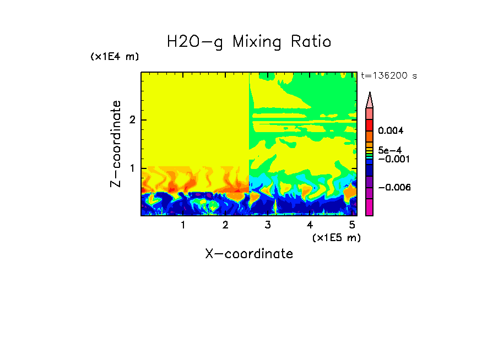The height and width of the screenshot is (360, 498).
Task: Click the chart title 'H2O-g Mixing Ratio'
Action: [249, 42]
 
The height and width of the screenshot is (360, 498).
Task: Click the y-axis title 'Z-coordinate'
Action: [116, 144]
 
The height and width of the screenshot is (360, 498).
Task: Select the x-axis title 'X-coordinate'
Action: [249, 254]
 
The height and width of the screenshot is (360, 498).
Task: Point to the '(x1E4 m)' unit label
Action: [115, 57]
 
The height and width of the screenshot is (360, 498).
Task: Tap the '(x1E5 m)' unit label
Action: [336, 237]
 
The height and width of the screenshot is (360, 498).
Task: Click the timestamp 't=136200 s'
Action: [388, 75]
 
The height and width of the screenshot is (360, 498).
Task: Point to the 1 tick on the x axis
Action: [183, 225]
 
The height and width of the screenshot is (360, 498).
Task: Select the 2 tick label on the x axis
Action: [225, 225]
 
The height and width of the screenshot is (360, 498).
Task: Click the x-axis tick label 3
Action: [268, 225]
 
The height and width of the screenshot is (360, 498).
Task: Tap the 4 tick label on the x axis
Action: [310, 225]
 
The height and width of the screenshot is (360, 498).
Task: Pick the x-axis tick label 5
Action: [352, 225]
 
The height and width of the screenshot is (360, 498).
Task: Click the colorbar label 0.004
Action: [391, 131]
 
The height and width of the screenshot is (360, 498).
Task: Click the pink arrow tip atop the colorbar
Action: [370, 100]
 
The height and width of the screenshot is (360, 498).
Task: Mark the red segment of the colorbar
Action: [370, 125]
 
